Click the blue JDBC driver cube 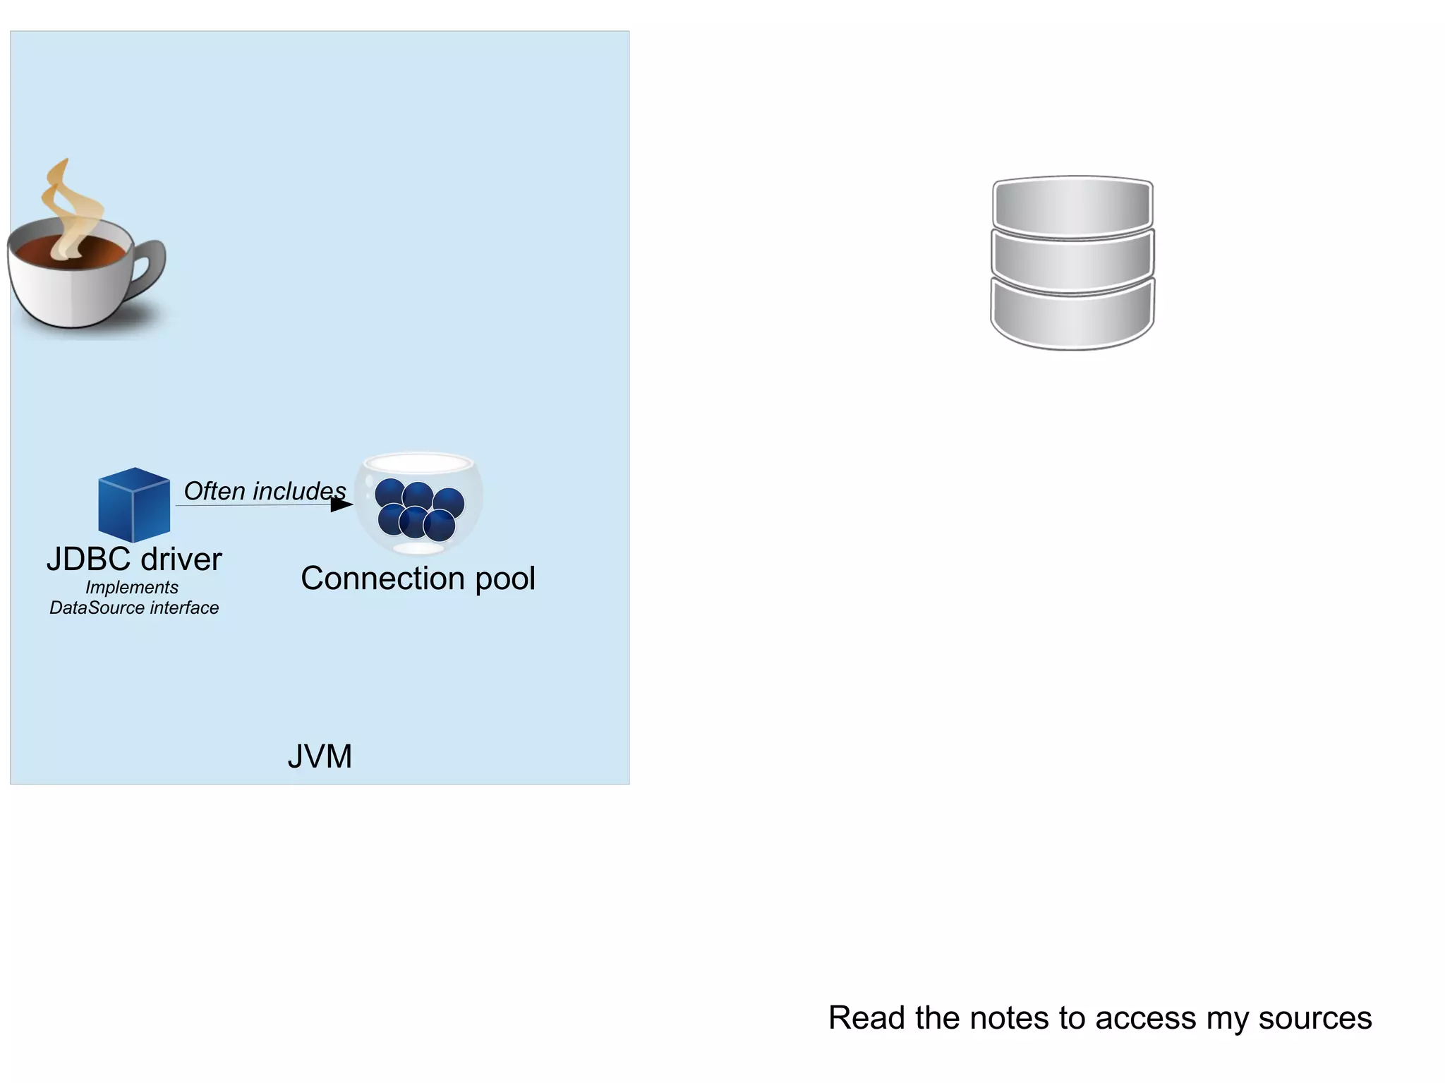pos(134,504)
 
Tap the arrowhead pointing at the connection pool pos(341,504)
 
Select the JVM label pos(320,756)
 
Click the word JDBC pos(89,559)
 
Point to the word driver pos(181,559)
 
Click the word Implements pos(132,587)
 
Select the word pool pos(505,579)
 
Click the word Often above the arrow pos(214,491)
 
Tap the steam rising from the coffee pos(68,205)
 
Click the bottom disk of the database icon pos(1072,317)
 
